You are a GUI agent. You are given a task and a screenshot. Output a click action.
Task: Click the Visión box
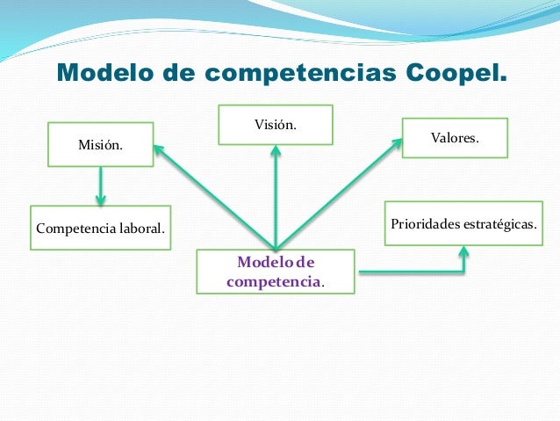coord(276,125)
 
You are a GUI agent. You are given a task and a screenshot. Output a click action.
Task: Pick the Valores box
coord(455,138)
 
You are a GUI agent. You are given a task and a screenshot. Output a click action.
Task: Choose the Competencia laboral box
coord(100,229)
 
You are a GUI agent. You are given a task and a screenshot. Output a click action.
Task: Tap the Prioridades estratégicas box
coord(463,224)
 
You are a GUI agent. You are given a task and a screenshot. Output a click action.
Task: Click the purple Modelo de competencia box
coord(276,272)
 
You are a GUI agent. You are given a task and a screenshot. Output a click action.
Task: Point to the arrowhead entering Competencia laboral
coord(101,201)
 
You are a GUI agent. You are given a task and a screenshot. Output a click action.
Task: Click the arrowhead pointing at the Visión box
coord(276,151)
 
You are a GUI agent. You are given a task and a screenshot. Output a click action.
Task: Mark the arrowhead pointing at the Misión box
coord(159,149)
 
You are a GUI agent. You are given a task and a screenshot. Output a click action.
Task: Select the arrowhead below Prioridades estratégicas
coord(463,251)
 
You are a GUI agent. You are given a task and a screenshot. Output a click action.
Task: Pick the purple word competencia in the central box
coord(273,282)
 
